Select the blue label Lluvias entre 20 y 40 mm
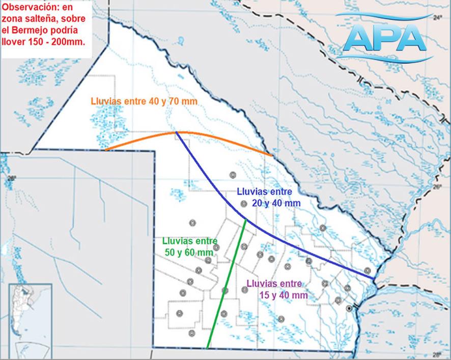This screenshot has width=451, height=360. (x=268, y=197)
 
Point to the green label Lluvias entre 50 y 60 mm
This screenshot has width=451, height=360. (x=189, y=246)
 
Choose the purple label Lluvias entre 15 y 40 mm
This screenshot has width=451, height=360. (x=277, y=289)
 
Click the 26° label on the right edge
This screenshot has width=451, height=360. (x=437, y=187)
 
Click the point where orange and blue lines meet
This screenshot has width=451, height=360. (x=176, y=132)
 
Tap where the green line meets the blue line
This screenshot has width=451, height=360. (x=246, y=219)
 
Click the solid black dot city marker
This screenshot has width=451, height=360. (x=349, y=309)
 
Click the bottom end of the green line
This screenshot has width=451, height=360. (x=208, y=348)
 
